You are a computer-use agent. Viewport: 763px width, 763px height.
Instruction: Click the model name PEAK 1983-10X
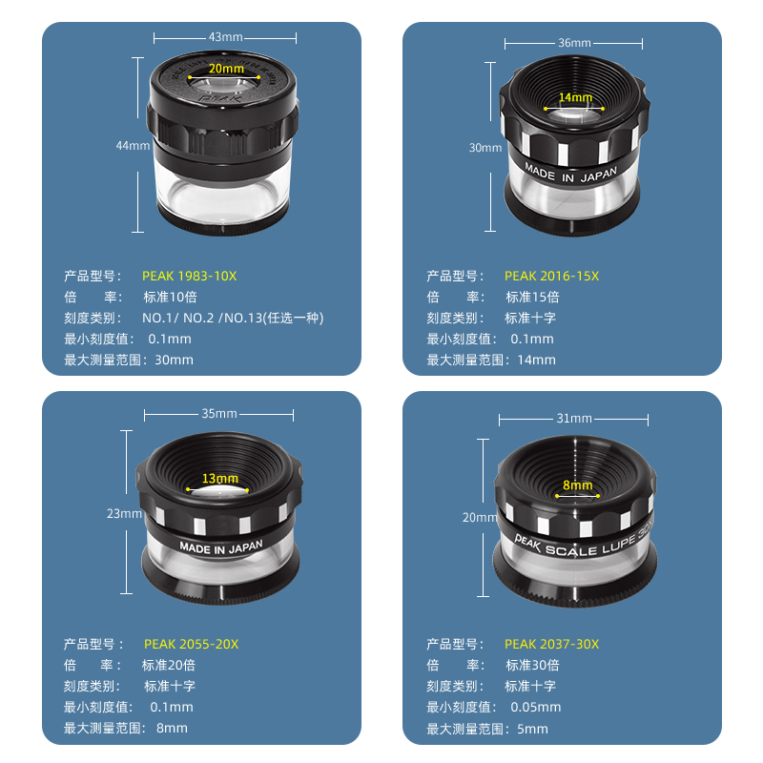189,276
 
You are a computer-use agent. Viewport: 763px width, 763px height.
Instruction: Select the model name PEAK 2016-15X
552,276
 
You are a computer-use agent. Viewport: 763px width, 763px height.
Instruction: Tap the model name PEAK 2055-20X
192,644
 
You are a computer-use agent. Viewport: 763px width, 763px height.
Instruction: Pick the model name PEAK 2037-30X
552,644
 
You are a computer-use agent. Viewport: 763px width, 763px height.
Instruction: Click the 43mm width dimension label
225,37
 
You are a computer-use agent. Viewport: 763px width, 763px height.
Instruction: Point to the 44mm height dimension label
133,146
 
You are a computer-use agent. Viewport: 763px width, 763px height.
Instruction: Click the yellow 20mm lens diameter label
226,69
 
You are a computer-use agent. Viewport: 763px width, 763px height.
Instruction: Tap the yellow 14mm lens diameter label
575,97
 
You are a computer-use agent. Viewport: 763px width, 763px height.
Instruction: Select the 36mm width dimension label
574,43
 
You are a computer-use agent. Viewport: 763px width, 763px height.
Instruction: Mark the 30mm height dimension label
485,148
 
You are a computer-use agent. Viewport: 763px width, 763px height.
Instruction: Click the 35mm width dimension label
219,414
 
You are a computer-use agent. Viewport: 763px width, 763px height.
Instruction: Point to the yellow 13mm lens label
220,479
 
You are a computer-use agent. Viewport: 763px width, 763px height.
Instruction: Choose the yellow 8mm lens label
578,485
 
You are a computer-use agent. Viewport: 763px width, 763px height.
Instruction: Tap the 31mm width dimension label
574,418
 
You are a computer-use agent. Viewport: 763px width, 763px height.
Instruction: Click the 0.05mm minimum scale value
536,707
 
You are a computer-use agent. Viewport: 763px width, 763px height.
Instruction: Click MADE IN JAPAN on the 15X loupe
570,174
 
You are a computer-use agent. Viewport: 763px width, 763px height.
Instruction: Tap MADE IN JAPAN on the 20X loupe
221,547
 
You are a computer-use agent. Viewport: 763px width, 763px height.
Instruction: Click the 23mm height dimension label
124,513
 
